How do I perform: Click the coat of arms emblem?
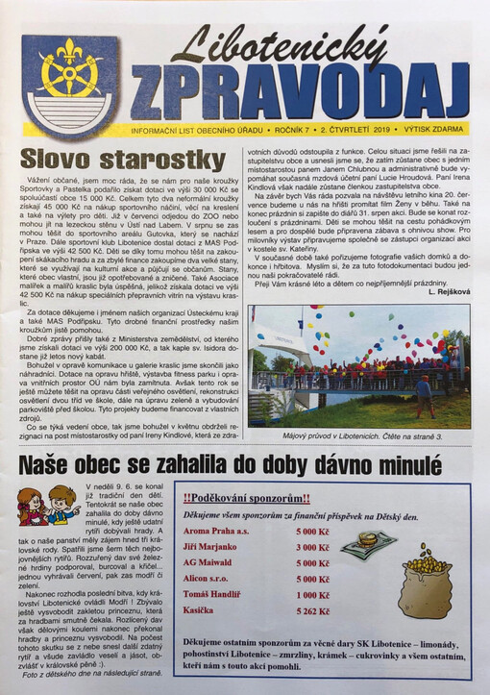pyautogui.click(x=70, y=84)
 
